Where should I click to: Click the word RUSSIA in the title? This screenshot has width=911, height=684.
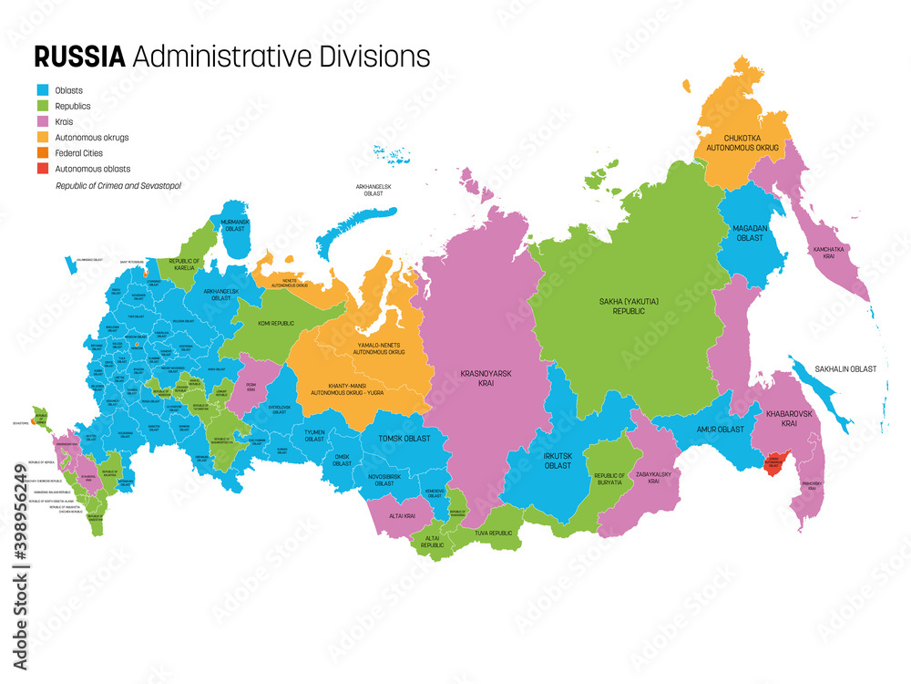(x=79, y=57)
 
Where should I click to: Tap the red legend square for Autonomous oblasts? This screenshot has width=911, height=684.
(x=43, y=168)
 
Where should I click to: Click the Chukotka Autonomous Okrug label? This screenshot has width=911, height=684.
(x=742, y=141)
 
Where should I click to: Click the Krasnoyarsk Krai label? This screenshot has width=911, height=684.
(x=472, y=378)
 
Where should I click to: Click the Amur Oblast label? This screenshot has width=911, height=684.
(x=721, y=429)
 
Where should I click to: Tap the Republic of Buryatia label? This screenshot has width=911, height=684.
(x=609, y=480)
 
